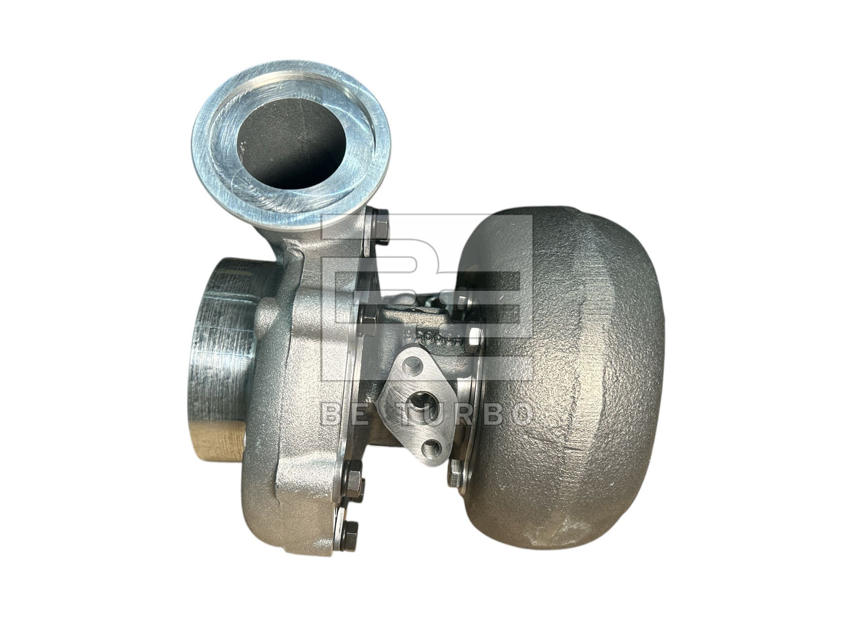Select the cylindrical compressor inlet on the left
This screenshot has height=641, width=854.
(x=222, y=361)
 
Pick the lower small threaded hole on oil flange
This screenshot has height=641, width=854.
(x=438, y=445)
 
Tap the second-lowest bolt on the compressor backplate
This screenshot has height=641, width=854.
(x=353, y=473)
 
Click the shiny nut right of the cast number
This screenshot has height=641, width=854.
(x=475, y=337)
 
